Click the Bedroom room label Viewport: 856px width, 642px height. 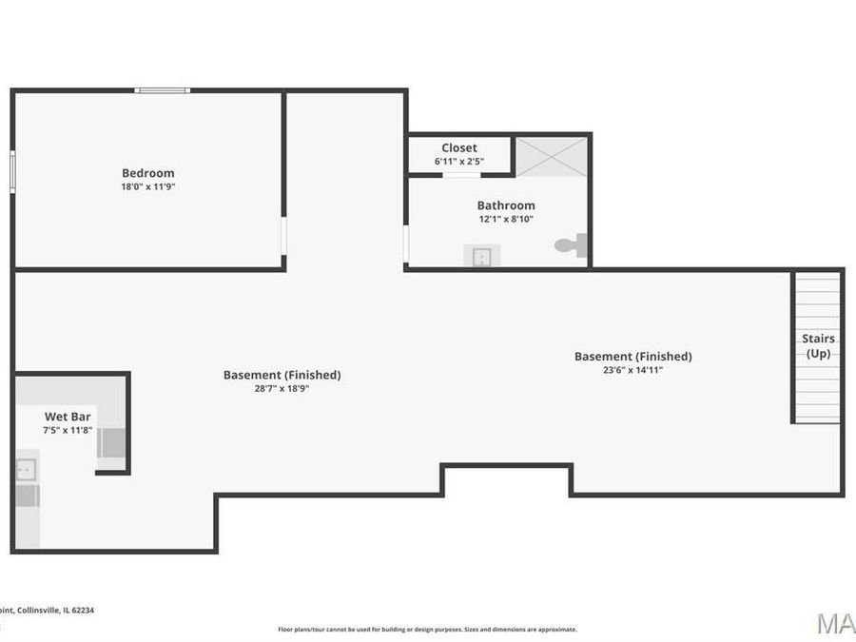pos(147,173)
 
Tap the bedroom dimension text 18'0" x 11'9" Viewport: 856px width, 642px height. pos(147,187)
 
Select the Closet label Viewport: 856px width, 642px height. pos(459,148)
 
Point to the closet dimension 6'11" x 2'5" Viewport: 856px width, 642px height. pos(459,162)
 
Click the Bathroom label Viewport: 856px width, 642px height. pos(505,205)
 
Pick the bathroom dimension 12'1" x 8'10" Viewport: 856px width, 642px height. pos(505,219)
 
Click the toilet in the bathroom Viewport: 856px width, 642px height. pos(571,245)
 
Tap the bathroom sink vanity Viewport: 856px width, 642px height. pos(482,256)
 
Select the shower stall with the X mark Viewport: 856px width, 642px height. pos(552,156)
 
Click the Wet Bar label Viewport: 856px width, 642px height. pos(68,417)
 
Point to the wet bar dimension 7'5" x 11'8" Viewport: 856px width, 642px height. pos(68,431)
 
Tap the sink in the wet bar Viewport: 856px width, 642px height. pos(26,469)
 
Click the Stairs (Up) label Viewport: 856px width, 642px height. pos(818,346)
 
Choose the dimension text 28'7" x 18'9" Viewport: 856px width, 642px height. pos(282,388)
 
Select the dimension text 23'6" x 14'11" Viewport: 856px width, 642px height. pos(632,370)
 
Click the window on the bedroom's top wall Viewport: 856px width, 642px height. pos(162,90)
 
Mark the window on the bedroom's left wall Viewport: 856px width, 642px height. pos(12,171)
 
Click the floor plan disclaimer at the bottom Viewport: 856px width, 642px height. pos(427,630)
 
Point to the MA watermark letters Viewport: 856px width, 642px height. pos(836,624)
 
